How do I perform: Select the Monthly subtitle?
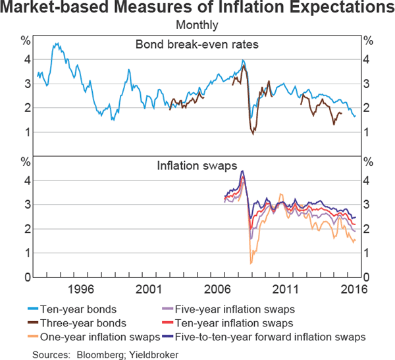coord(197,26)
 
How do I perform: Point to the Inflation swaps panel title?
coord(197,166)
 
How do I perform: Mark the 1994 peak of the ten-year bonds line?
coord(57,43)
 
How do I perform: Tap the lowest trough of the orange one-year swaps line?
coord(251,264)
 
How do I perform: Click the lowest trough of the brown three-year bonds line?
coord(253,134)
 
